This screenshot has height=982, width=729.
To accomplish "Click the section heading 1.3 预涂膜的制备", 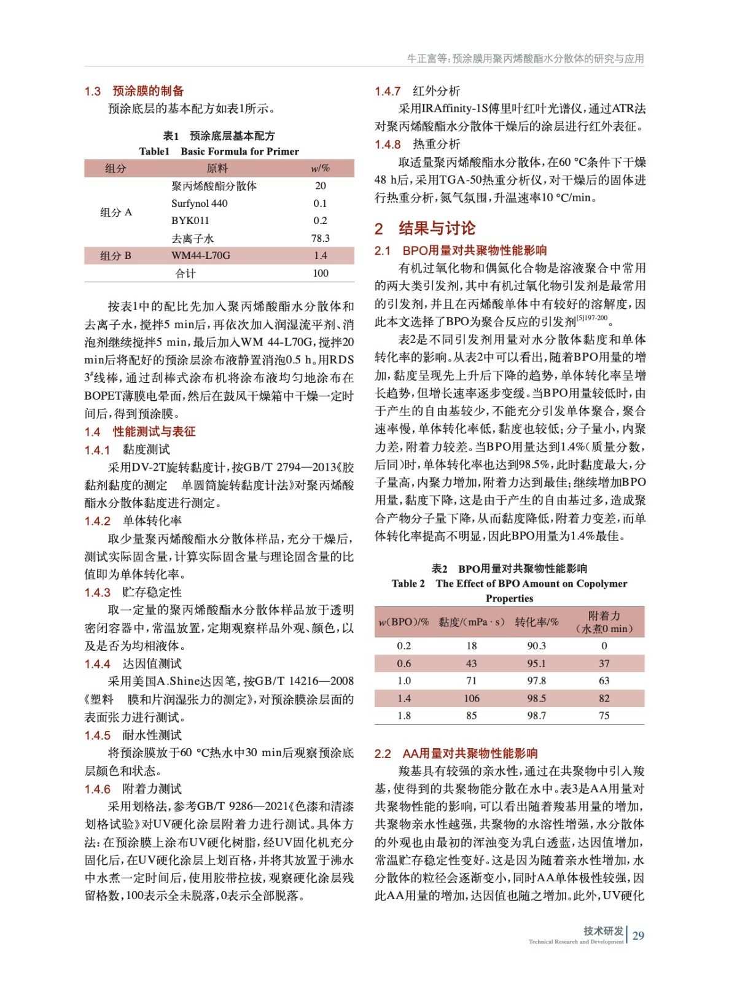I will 134,91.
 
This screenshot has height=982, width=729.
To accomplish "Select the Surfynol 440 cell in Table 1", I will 199,203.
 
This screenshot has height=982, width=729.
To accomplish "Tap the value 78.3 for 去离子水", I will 320,238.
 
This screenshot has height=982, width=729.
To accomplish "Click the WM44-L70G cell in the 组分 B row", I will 201,255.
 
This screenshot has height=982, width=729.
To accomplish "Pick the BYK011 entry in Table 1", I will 190,220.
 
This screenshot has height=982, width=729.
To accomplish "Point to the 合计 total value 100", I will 320,273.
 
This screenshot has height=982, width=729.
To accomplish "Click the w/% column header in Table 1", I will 320,168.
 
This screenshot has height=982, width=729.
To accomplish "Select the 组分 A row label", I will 116,212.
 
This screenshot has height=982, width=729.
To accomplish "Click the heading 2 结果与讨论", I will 425,229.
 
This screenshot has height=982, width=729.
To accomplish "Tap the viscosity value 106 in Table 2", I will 471,698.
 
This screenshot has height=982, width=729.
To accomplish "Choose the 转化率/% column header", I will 536,622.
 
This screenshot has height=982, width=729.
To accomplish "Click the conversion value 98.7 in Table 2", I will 536,716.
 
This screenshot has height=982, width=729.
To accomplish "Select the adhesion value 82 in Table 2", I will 604,698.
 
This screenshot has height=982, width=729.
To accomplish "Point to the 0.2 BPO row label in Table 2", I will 403,646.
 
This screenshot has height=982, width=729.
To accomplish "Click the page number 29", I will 638,935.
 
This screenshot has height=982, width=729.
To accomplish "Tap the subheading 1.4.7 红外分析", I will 417,91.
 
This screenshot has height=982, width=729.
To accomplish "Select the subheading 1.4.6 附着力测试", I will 128,789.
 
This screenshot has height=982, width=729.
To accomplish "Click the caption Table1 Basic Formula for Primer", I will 219,151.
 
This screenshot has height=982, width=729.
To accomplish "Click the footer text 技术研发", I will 603,931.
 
